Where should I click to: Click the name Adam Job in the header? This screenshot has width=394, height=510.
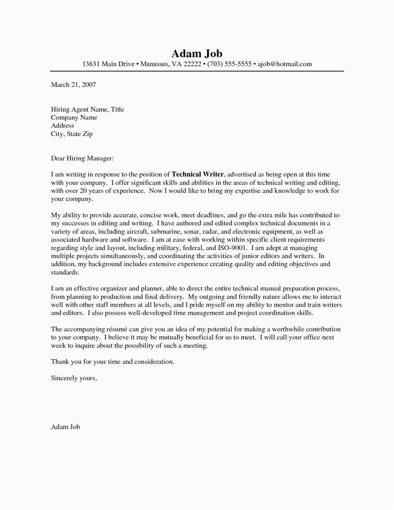coord(197,54)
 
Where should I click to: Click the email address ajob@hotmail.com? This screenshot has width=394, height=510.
coord(285,64)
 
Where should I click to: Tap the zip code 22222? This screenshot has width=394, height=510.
coord(192,64)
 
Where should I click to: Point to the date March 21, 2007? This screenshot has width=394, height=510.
coord(73,85)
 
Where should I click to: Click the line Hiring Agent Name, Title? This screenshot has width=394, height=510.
coord(88,109)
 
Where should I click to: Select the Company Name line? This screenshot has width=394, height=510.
coord(74,117)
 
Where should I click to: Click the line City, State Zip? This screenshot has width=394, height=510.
coord(72,134)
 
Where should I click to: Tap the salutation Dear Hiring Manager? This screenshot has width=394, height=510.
coord(83,158)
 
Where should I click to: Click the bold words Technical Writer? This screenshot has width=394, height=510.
coord(198,174)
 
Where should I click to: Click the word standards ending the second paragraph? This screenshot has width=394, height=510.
coord(65,272)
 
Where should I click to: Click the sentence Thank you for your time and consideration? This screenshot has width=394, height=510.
coord(113,362)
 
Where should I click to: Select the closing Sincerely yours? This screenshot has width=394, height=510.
coord(74,378)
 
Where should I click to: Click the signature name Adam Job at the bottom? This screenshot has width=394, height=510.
coord(65,427)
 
